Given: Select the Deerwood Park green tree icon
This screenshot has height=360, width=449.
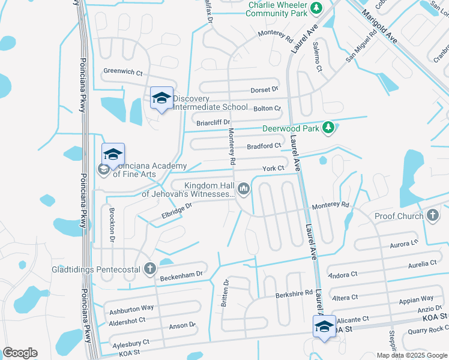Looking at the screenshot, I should coord(328,127).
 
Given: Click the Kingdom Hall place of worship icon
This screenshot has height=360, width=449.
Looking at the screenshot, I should coord(244,190).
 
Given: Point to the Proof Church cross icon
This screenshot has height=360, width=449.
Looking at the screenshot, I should coord(433,215).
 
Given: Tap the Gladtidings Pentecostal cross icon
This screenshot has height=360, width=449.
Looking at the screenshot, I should coord(149,269).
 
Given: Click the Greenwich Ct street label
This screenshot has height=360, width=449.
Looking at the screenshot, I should coord(123,71).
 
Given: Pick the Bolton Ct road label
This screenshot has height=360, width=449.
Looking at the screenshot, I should coord(267,109).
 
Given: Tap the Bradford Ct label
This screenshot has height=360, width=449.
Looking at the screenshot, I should coord(264,146).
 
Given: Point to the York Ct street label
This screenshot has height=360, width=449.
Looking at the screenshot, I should coord(273,169).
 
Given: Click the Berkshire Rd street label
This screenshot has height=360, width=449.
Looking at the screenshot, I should coord(295,293).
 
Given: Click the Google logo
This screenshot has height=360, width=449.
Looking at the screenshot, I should coord(20,353).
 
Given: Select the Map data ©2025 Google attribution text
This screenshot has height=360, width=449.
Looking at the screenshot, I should coord(411,355).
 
